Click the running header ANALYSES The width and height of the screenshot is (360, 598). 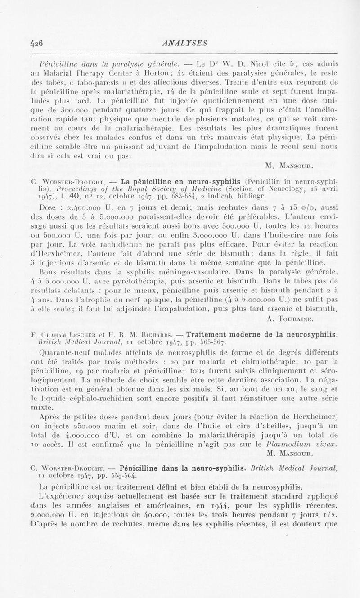180,44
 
